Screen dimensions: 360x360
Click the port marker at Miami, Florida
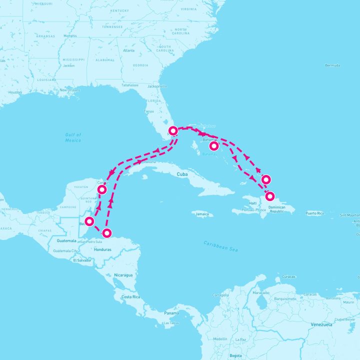point(173,131)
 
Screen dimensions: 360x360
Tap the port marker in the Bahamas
point(214,146)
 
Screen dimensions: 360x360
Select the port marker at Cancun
point(102,189)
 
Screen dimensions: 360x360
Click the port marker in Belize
point(90,221)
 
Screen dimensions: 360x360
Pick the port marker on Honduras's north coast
point(106,232)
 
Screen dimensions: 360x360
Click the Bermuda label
point(332,65)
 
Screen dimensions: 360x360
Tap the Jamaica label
point(202,214)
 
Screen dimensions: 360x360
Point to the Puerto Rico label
point(314,213)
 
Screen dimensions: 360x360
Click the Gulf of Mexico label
point(73,137)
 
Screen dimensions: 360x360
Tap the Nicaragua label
point(123,275)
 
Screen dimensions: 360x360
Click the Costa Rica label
point(129,297)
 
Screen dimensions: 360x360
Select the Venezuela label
point(321,324)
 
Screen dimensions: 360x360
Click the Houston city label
point(15,92)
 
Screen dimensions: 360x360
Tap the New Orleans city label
point(69,90)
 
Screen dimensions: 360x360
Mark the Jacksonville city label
point(157,86)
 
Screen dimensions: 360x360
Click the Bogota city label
point(236,355)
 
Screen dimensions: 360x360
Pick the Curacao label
point(288,276)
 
